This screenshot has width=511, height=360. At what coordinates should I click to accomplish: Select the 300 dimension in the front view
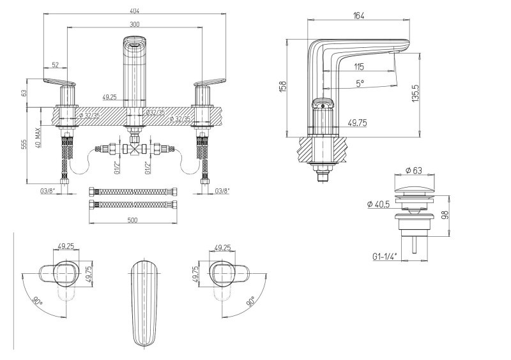click(x=134, y=24)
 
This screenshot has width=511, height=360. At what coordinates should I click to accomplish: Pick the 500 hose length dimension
click(x=133, y=220)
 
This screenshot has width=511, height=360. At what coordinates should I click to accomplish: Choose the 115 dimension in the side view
click(x=359, y=66)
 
